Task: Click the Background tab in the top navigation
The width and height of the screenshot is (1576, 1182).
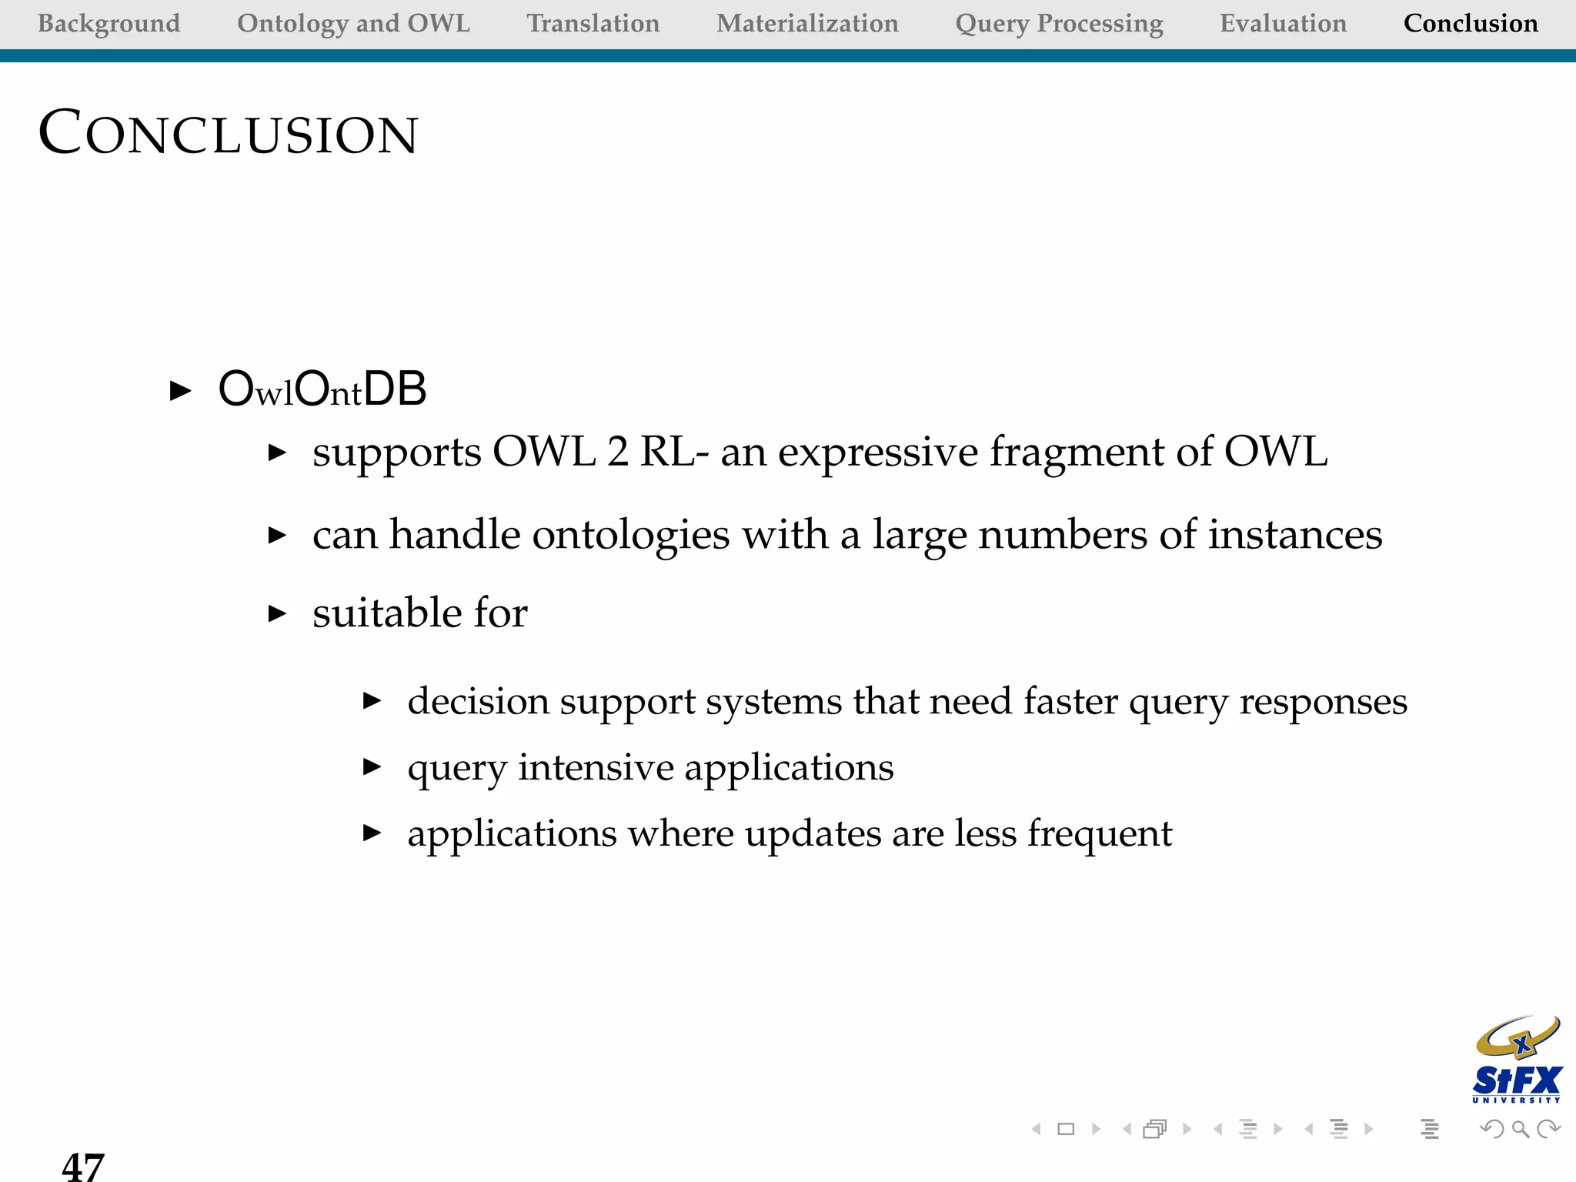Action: (109, 23)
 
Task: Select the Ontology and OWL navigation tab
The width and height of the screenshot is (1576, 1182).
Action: (353, 23)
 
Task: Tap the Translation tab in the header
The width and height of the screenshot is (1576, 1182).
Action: (593, 23)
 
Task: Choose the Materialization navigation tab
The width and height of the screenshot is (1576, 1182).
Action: (807, 23)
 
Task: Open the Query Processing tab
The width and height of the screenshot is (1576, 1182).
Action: (1059, 24)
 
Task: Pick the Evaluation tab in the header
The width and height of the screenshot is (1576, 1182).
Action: (1283, 23)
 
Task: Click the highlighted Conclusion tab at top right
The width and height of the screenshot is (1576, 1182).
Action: (1471, 23)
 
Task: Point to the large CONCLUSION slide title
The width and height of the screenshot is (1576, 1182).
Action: (228, 133)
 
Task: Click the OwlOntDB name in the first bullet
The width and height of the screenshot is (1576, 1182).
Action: (322, 389)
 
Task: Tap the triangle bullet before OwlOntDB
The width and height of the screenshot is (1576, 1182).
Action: (180, 390)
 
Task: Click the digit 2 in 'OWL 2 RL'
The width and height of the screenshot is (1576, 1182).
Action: (617, 452)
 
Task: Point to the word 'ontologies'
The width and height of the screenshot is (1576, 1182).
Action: (630, 535)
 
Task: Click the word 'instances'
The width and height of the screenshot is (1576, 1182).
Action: (1294, 535)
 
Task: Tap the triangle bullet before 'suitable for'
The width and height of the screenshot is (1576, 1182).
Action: (277, 613)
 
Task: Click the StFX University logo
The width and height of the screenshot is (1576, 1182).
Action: (1517, 1060)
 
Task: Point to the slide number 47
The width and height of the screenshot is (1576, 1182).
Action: (83, 1166)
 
